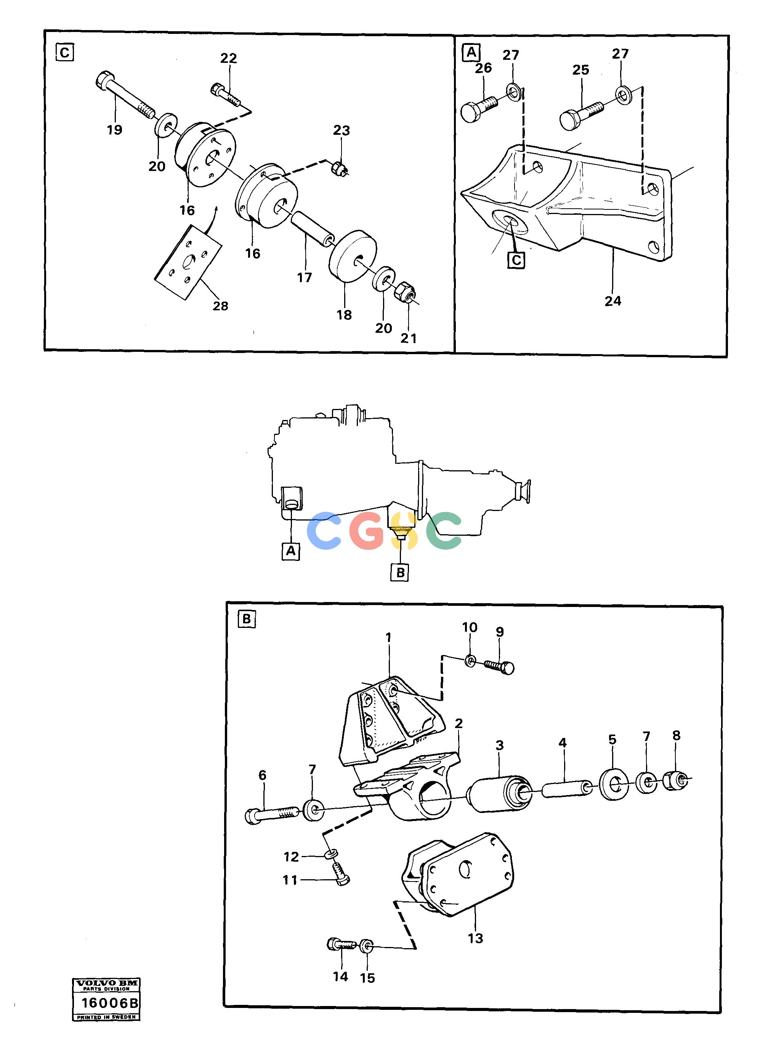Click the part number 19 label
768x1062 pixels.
pyautogui.click(x=114, y=130)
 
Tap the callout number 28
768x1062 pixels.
pyautogui.click(x=220, y=306)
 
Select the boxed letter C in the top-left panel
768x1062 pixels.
pyautogui.click(x=65, y=53)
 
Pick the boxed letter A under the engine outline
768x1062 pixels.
pyautogui.click(x=291, y=551)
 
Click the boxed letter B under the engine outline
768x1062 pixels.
pyautogui.click(x=400, y=572)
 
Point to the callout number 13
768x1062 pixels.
pyautogui.click(x=475, y=938)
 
